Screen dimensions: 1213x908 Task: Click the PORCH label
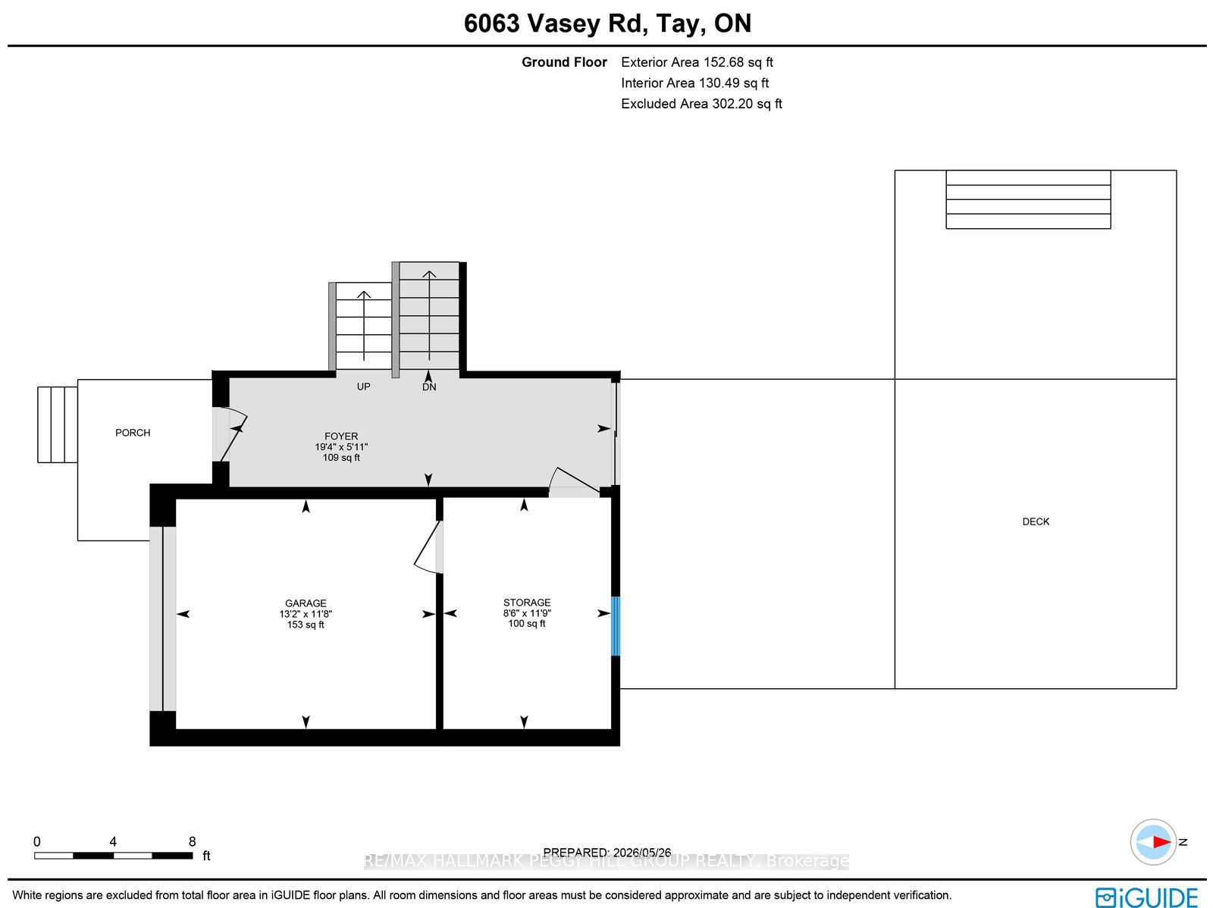133,433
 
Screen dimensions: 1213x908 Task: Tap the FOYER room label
341,437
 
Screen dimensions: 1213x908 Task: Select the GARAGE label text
306,603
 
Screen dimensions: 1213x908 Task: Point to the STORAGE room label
527,602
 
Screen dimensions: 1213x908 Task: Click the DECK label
1036,521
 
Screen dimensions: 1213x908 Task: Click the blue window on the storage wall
615,626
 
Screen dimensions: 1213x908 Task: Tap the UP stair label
363,387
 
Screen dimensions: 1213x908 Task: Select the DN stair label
429,387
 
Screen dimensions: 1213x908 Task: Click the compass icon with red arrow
1153,842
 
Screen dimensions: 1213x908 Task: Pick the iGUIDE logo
1146,896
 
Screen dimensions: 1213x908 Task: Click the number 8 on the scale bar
193,842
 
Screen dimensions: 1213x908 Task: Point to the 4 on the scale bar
113,842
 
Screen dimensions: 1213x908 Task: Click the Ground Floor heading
564,62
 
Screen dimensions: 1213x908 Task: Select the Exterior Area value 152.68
723,62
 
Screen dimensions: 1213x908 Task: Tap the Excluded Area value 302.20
732,104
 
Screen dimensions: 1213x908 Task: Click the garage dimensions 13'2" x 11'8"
306,614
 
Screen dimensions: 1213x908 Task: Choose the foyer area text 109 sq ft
341,457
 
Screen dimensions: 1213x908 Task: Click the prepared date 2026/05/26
641,853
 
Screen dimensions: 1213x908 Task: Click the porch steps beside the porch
58,424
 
